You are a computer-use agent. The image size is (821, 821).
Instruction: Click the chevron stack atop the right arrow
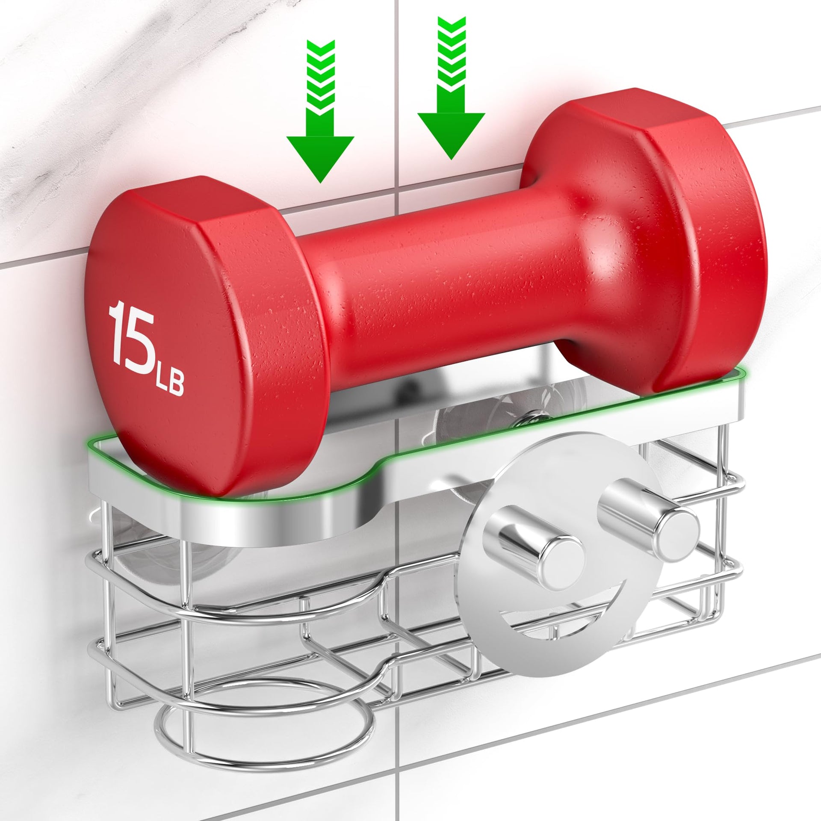tap(451, 64)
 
